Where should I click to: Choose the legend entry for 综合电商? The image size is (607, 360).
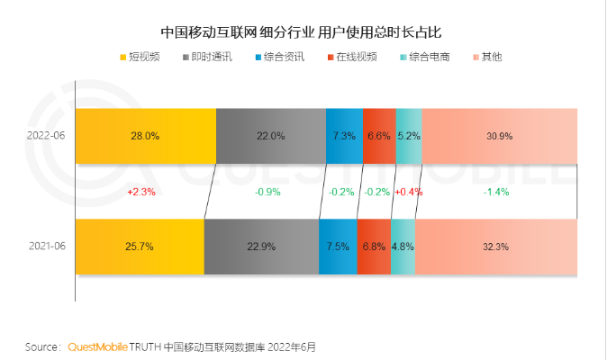coord(429,58)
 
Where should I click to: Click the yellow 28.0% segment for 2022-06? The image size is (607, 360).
coord(145,136)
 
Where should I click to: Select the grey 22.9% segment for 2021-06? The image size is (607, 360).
coord(261,246)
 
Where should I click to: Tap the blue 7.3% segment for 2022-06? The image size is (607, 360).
coord(344,136)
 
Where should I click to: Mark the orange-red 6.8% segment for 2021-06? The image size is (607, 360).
coord(374,246)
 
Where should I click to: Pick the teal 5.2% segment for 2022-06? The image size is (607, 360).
coord(408,136)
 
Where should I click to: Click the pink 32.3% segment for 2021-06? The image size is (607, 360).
coord(495,246)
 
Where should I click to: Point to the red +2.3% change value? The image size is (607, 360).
coord(141,192)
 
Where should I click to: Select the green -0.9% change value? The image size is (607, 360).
coord(267,192)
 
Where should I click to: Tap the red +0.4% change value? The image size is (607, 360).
coord(408,192)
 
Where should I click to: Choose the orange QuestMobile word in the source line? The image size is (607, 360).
coord(97,346)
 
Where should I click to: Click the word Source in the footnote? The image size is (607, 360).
coord(41,346)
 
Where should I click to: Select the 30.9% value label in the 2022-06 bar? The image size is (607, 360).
coord(499,136)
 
